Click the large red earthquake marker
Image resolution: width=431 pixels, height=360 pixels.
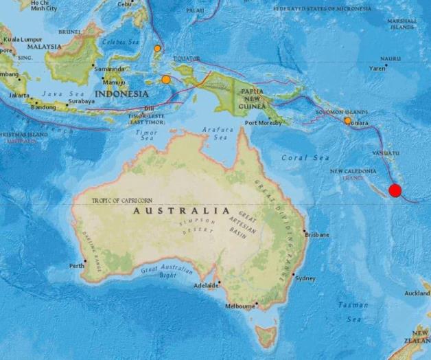click(x=395, y=190)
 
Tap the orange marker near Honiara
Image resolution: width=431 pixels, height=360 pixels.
click(x=347, y=121)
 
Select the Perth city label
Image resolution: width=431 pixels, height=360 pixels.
click(x=76, y=265)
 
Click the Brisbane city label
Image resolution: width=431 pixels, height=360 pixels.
click(x=317, y=234)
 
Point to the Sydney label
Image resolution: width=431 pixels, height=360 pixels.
click(x=305, y=278)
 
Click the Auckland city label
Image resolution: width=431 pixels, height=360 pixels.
click(x=417, y=293)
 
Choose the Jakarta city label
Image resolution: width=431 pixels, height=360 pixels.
click(x=19, y=95)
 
